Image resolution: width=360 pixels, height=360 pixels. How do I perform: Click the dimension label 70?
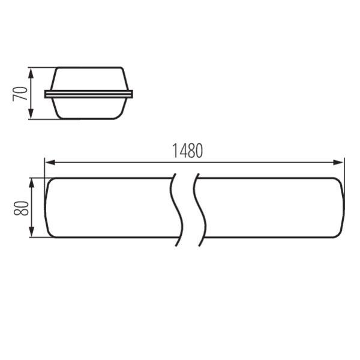click(x=20, y=94)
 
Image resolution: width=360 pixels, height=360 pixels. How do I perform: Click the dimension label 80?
click(x=21, y=208)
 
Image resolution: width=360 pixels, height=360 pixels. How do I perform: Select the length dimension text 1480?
click(x=188, y=151)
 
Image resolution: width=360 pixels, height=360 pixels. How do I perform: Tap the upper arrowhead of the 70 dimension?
click(x=31, y=73)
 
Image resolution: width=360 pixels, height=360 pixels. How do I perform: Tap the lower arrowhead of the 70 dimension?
click(x=31, y=114)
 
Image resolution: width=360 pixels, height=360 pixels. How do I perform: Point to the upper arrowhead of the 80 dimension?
click(x=32, y=184)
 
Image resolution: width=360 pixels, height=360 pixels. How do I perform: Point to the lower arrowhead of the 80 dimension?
click(x=32, y=232)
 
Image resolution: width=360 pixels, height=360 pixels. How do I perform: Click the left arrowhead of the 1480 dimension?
click(x=50, y=163)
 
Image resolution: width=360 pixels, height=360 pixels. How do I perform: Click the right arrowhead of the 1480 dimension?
click(x=338, y=163)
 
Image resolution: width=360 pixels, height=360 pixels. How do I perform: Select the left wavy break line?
click(x=177, y=209)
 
